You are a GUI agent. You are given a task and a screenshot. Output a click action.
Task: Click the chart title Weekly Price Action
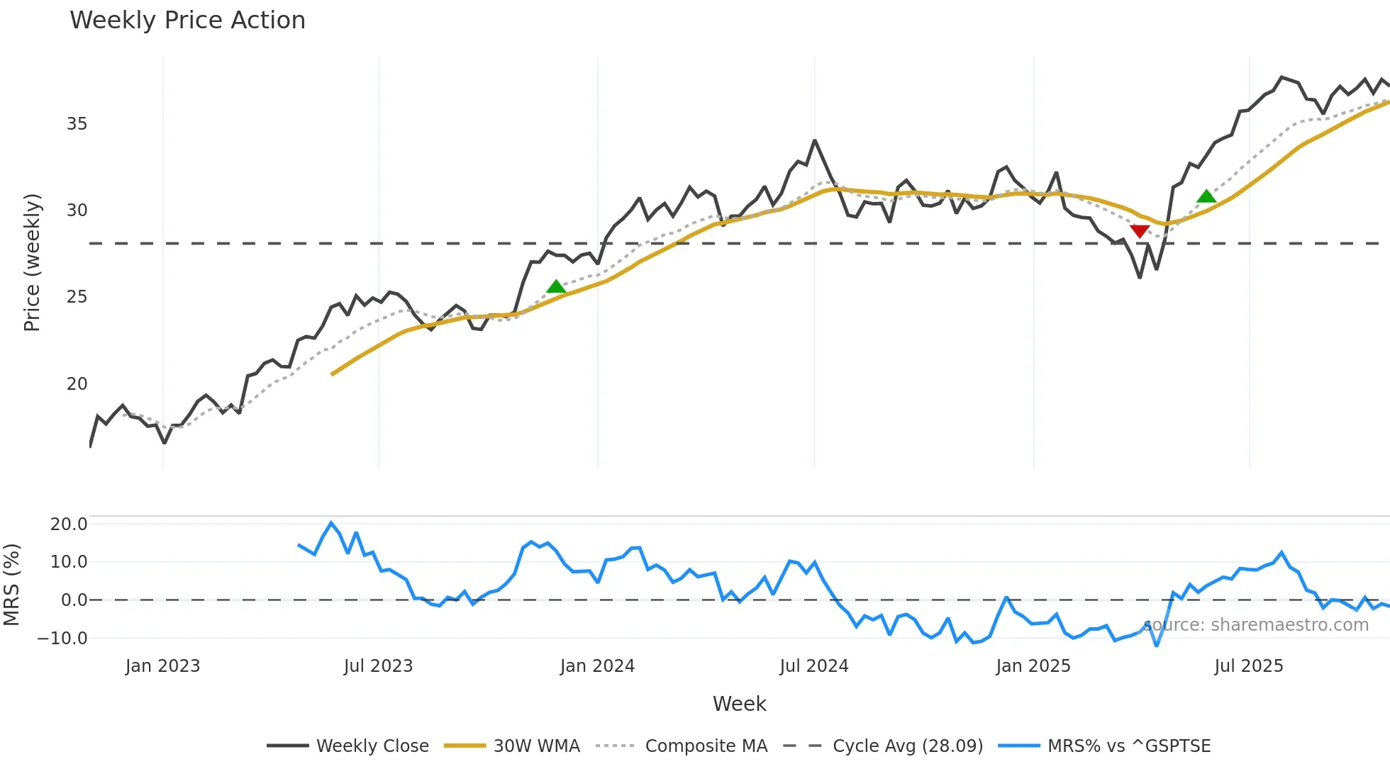[187, 21]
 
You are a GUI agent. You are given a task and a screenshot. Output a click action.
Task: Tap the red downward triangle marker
[1140, 231]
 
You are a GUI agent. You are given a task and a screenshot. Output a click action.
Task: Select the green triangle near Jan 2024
[557, 287]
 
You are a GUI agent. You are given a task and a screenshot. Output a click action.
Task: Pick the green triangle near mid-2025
[1206, 196]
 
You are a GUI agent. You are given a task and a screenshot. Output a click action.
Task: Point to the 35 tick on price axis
[77, 124]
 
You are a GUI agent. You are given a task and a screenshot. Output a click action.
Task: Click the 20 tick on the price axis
[77, 384]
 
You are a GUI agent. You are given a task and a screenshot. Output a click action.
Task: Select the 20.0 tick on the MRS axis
[69, 524]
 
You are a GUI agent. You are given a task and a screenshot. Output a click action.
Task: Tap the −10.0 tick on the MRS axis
[62, 639]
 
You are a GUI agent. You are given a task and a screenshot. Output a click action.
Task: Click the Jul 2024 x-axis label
[813, 666]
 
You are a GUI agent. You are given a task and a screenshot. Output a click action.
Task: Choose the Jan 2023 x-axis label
[162, 666]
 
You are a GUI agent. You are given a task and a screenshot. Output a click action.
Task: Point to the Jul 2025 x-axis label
[1248, 666]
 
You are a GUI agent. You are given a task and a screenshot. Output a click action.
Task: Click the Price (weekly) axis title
[32, 262]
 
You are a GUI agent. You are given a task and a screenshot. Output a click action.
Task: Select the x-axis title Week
[739, 704]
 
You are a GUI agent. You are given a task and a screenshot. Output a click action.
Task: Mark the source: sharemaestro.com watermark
[1255, 625]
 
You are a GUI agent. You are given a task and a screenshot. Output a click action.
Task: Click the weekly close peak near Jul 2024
[815, 140]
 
